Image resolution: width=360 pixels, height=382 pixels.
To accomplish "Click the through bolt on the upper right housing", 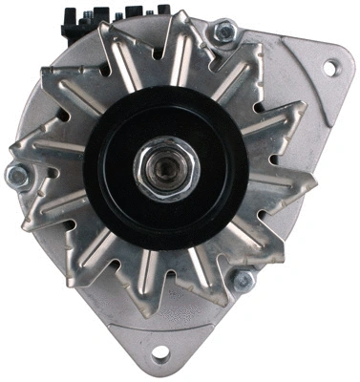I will (x=223, y=32).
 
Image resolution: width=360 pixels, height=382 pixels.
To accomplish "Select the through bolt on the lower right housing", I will (x=244, y=280).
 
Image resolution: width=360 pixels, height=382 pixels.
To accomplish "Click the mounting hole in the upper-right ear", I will (x=330, y=67).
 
